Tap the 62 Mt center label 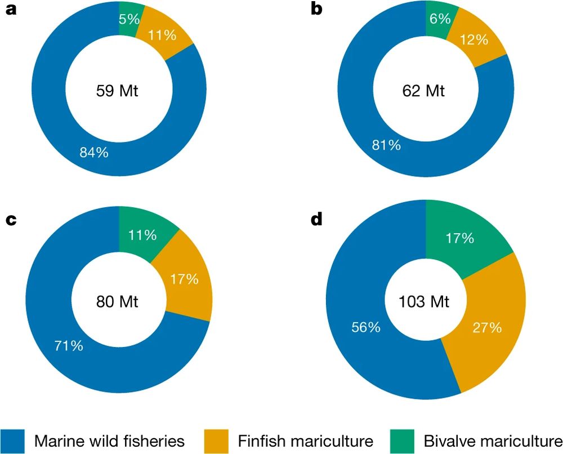(x=423, y=90)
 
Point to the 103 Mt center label (x=425, y=301)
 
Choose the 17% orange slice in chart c (x=184, y=279)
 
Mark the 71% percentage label (x=69, y=345)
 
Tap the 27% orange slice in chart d (x=487, y=327)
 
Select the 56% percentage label (x=365, y=327)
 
